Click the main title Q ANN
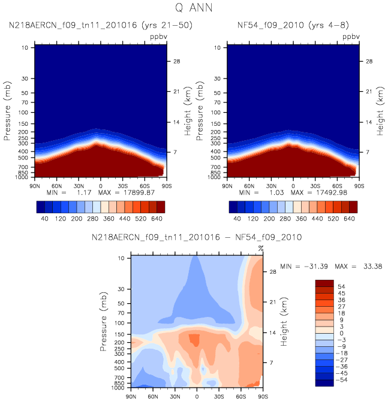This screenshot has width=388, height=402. tap(194, 7)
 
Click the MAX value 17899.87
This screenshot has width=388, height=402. tap(139, 192)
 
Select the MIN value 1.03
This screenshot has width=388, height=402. tap(276, 192)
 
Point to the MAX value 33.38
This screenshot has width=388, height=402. tap(372, 267)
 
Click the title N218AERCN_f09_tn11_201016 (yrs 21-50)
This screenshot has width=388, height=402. tap(101, 25)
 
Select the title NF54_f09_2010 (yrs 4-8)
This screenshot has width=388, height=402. tap(293, 25)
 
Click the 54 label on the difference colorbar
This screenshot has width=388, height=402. tap(342, 286)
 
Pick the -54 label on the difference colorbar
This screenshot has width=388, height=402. tap(342, 380)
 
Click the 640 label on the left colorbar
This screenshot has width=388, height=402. tap(157, 219)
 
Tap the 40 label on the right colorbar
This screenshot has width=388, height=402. tap(237, 219)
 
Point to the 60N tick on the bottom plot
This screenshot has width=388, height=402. tap(153, 397)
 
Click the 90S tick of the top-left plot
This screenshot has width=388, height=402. tap(167, 186)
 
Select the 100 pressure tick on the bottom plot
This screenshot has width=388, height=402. tap(119, 323)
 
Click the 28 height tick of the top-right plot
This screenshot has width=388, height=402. tap(369, 61)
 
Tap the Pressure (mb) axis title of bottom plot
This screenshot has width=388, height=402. tap(103, 322)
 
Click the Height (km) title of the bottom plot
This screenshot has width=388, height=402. tap(284, 322)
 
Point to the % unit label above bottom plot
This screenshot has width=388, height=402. tap(261, 249)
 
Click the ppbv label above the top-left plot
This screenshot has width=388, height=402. tap(158, 37)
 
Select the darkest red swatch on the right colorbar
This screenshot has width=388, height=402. tap(353, 207)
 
